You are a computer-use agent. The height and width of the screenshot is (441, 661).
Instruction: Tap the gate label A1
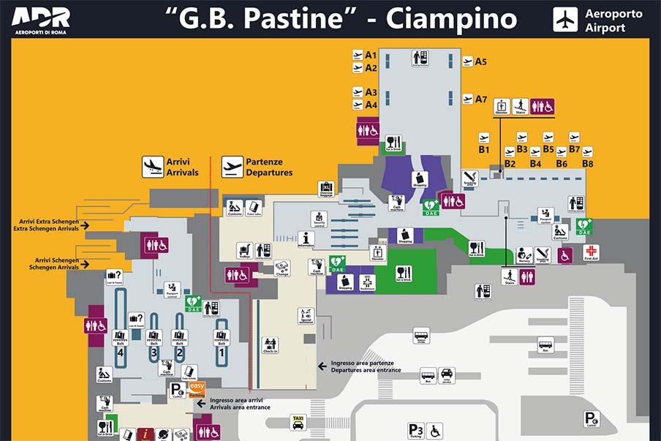click(x=370, y=55)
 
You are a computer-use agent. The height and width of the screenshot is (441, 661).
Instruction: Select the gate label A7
click(x=480, y=99)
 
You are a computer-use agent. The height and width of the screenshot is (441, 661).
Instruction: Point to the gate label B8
click(x=587, y=163)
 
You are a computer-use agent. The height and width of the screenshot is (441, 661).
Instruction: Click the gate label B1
click(x=483, y=149)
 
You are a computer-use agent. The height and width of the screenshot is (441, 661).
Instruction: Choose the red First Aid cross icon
click(x=590, y=252)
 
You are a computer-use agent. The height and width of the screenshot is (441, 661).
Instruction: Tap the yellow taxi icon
click(x=298, y=422)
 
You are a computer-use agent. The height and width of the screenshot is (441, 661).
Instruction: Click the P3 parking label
click(x=415, y=430)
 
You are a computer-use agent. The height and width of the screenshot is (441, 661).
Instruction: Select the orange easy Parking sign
click(x=197, y=389)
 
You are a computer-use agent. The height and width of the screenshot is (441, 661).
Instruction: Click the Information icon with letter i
click(x=306, y=239)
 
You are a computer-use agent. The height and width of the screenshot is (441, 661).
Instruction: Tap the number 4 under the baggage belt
click(x=121, y=352)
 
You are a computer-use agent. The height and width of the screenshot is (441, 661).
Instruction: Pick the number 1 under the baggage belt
click(x=222, y=352)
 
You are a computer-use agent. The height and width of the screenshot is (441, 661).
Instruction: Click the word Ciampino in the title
click(x=451, y=19)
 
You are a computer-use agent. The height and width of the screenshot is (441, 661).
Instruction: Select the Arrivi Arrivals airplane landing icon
click(x=153, y=167)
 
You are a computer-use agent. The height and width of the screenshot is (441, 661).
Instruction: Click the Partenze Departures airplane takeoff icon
click(x=233, y=167)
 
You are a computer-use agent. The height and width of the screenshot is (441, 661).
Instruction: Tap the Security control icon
click(x=318, y=219)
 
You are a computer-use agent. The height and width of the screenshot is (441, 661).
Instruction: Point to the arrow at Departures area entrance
click(x=322, y=364)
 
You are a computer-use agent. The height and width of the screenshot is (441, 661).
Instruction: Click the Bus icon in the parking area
click(x=545, y=344)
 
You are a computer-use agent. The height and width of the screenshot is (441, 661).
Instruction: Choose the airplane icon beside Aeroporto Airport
click(x=565, y=20)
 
